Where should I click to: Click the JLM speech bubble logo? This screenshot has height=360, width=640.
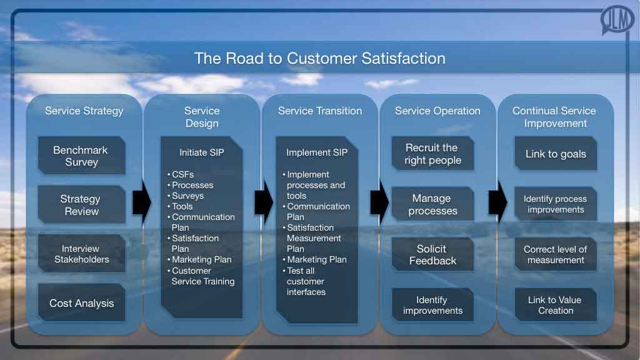coord(617,21)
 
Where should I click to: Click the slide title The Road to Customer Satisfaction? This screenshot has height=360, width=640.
coord(319,59)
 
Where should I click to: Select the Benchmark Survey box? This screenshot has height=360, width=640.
coord(81,156)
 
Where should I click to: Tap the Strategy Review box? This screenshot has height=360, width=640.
coord(81,205)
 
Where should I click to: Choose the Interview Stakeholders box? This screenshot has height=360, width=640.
coord(81,254)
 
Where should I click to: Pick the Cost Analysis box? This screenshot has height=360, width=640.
coord(81,303)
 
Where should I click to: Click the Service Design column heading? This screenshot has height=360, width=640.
coord(201,117)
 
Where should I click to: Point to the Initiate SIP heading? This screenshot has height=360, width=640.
coord(201,152)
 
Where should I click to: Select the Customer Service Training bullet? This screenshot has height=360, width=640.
coord(202,276)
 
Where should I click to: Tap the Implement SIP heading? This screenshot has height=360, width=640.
coord(317,152)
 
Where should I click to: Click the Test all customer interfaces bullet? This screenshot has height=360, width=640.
coord(306,281)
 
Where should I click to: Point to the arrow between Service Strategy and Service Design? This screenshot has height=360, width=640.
coord(141,203)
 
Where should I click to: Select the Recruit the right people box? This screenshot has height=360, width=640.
coord(432,154)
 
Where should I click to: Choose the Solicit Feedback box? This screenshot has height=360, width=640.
coord(432,254)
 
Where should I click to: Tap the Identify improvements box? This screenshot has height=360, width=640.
coord(432,305)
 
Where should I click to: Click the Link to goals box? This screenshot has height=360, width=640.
coord(556,154)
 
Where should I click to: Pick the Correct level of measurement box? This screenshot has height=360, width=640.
coord(556,254)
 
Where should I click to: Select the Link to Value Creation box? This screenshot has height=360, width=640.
coord(556,305)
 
